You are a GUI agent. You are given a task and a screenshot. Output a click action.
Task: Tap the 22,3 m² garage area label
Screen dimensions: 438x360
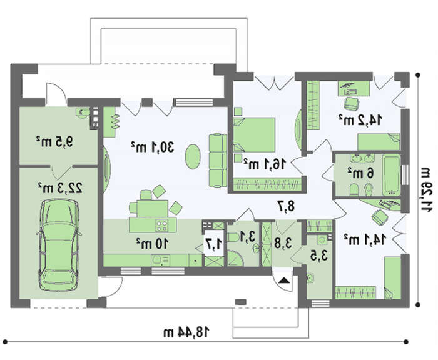60,187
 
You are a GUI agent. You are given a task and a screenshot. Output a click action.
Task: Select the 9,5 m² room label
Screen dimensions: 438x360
54,141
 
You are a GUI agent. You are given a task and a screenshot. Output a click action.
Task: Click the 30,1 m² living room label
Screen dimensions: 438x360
152,147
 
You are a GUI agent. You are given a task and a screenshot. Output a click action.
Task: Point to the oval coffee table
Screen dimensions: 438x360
193,156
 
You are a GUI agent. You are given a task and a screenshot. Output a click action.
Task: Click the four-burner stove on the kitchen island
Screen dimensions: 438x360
162,226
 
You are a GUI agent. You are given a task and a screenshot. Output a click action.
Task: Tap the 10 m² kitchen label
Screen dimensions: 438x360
152,244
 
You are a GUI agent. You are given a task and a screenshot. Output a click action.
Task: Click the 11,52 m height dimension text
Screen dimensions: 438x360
427,189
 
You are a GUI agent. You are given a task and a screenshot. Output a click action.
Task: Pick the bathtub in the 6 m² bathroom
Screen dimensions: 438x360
391,175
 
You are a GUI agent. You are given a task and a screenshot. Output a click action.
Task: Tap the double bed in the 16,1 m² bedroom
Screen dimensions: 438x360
254,135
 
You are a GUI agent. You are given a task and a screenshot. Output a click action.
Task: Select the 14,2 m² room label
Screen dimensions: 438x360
360,120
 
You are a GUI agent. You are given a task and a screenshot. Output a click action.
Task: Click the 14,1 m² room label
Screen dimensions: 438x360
365,239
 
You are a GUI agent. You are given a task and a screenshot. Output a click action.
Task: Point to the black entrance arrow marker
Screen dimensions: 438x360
284,280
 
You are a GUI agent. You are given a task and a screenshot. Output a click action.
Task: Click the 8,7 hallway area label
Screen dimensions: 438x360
286,206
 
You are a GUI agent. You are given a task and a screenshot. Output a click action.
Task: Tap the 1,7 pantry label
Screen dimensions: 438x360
214,244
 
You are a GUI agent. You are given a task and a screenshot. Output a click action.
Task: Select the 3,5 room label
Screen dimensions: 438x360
319,255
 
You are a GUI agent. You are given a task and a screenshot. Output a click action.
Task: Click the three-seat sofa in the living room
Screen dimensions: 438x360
218,160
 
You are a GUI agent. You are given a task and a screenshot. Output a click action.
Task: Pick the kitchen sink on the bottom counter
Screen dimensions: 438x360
160,261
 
